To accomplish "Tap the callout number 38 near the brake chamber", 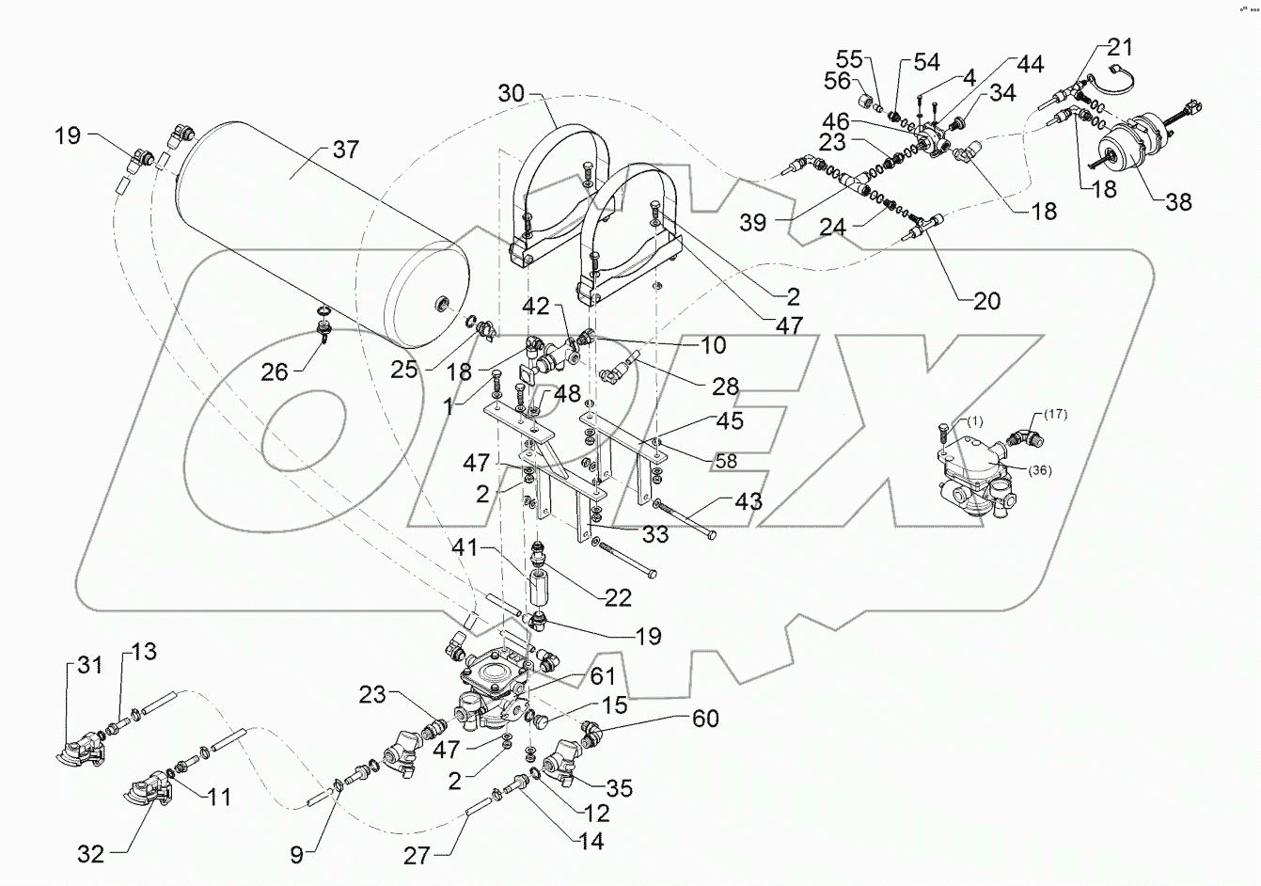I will coord(1177,201).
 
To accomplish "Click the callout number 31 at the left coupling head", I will coord(88,667).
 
